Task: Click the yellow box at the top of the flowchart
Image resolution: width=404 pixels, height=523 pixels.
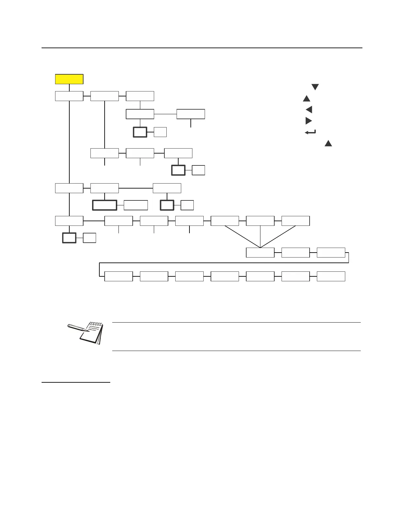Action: [69, 79]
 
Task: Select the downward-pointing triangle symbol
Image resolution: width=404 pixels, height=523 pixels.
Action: [315, 87]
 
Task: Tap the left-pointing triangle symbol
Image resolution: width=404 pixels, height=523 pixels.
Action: [309, 110]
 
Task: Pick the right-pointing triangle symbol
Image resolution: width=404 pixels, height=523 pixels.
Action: [309, 121]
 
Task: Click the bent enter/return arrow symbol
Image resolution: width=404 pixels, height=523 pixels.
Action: [310, 132]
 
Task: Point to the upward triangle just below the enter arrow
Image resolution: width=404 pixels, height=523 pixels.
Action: [328, 143]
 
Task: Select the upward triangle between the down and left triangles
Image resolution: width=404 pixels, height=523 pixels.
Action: [307, 98]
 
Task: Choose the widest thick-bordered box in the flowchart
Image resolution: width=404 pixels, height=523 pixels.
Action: [104, 205]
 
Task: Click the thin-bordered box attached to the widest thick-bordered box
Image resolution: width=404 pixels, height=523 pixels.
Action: [136, 205]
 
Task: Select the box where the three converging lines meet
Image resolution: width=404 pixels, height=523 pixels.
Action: [260, 253]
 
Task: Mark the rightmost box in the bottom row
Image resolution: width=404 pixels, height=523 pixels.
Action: [331, 276]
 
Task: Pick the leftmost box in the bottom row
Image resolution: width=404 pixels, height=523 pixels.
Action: [118, 276]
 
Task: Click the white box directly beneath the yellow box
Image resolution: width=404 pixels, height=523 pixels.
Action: [69, 96]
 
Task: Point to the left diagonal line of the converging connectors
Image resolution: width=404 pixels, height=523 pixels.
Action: [242, 236]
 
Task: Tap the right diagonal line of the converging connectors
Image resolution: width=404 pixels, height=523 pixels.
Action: [278, 236]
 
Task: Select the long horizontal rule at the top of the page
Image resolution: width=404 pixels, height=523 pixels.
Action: [202, 48]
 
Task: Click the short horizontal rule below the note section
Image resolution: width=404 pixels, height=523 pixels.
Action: [76, 382]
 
